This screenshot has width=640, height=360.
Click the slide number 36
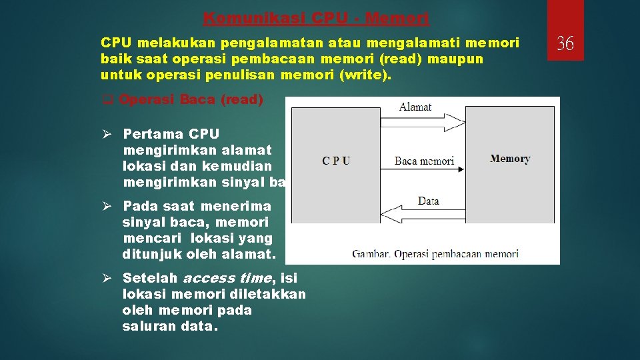tap(565, 44)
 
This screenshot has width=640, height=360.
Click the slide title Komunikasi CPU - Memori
tap(316, 18)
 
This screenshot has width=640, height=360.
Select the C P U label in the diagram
tap(336, 160)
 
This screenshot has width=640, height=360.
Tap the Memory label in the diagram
tap(510, 159)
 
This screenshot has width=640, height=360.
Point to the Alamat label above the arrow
tap(415, 107)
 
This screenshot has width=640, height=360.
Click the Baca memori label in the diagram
tap(424, 161)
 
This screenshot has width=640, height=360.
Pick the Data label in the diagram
tap(428, 201)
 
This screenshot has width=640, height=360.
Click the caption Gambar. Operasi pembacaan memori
tap(435, 253)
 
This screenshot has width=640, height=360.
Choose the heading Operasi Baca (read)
tap(191, 100)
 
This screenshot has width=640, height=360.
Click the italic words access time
tap(227, 278)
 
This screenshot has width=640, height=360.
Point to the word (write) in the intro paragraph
tap(366, 75)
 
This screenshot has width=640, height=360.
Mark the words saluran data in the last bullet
tap(169, 326)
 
